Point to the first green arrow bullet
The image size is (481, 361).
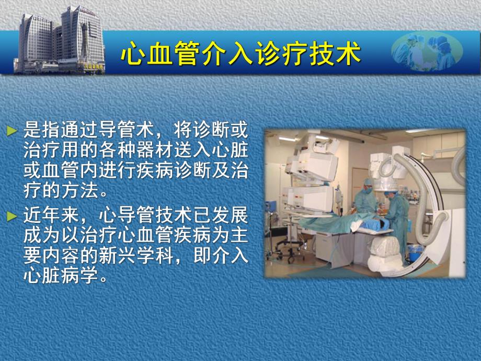pos(12,129)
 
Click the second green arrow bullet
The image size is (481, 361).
pos(12,216)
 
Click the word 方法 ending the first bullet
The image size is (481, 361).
pos(79,190)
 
